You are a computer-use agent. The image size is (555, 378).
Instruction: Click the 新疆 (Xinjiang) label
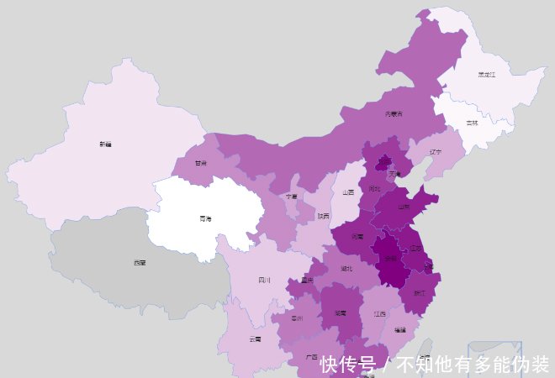pos(105,144)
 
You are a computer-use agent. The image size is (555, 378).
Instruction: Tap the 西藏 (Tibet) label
pos(139,262)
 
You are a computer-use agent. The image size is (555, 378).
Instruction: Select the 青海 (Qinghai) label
pos(205,218)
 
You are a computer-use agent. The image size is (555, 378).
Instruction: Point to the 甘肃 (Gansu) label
pos(201,163)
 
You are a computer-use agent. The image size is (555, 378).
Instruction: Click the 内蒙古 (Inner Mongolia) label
pos(394,113)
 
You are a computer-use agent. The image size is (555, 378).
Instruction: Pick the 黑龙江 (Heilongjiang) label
pos(487,75)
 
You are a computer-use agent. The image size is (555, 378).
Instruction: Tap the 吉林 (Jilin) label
pos(472,123)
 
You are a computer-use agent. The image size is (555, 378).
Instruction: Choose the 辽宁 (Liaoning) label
pos(435,152)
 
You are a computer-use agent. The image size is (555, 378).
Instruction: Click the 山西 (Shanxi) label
pos(348,192)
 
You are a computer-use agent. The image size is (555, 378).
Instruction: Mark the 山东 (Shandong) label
pos(404,206)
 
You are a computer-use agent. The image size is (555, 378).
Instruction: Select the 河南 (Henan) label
pos(357,237)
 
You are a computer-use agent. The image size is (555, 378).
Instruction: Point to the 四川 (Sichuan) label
pos(264,280)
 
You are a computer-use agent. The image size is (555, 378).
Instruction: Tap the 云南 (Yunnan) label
pos(255,339)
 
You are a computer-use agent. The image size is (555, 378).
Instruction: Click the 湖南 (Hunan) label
pos(341,312)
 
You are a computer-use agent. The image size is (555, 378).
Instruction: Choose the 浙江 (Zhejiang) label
pos(420,292)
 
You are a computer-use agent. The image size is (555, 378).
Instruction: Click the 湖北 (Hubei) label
pos(346,269)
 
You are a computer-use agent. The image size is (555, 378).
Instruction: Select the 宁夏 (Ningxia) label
pos(291,196)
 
